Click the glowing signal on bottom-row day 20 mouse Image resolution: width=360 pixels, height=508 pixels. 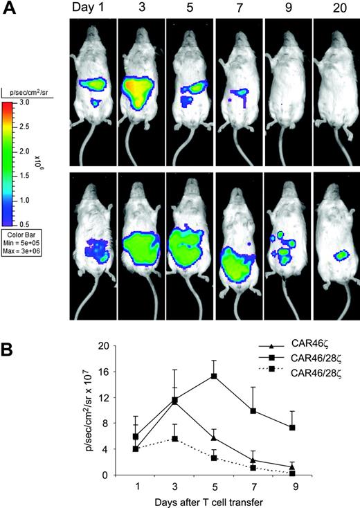pyautogui.click(x=339, y=255)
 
